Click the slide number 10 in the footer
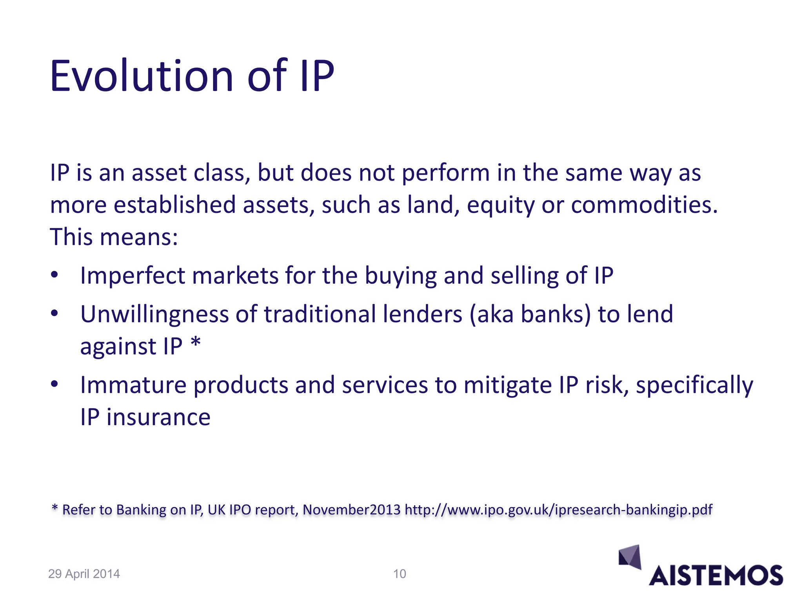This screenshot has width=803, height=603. point(400,574)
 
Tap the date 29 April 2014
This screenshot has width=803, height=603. point(84,574)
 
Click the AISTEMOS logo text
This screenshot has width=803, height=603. point(716,576)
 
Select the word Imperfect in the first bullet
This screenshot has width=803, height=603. point(133,276)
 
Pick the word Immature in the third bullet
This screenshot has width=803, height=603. point(133,385)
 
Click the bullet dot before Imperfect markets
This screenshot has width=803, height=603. point(55,275)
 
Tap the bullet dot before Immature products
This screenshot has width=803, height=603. point(55,384)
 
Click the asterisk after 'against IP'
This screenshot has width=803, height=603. point(196,344)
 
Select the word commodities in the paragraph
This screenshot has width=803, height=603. point(644,205)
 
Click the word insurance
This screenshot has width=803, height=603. point(158,417)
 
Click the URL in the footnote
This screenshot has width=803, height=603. point(558,510)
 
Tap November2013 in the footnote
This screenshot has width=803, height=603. point(352,510)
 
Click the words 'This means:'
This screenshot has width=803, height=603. point(114,238)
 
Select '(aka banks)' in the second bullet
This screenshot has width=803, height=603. point(530,314)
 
